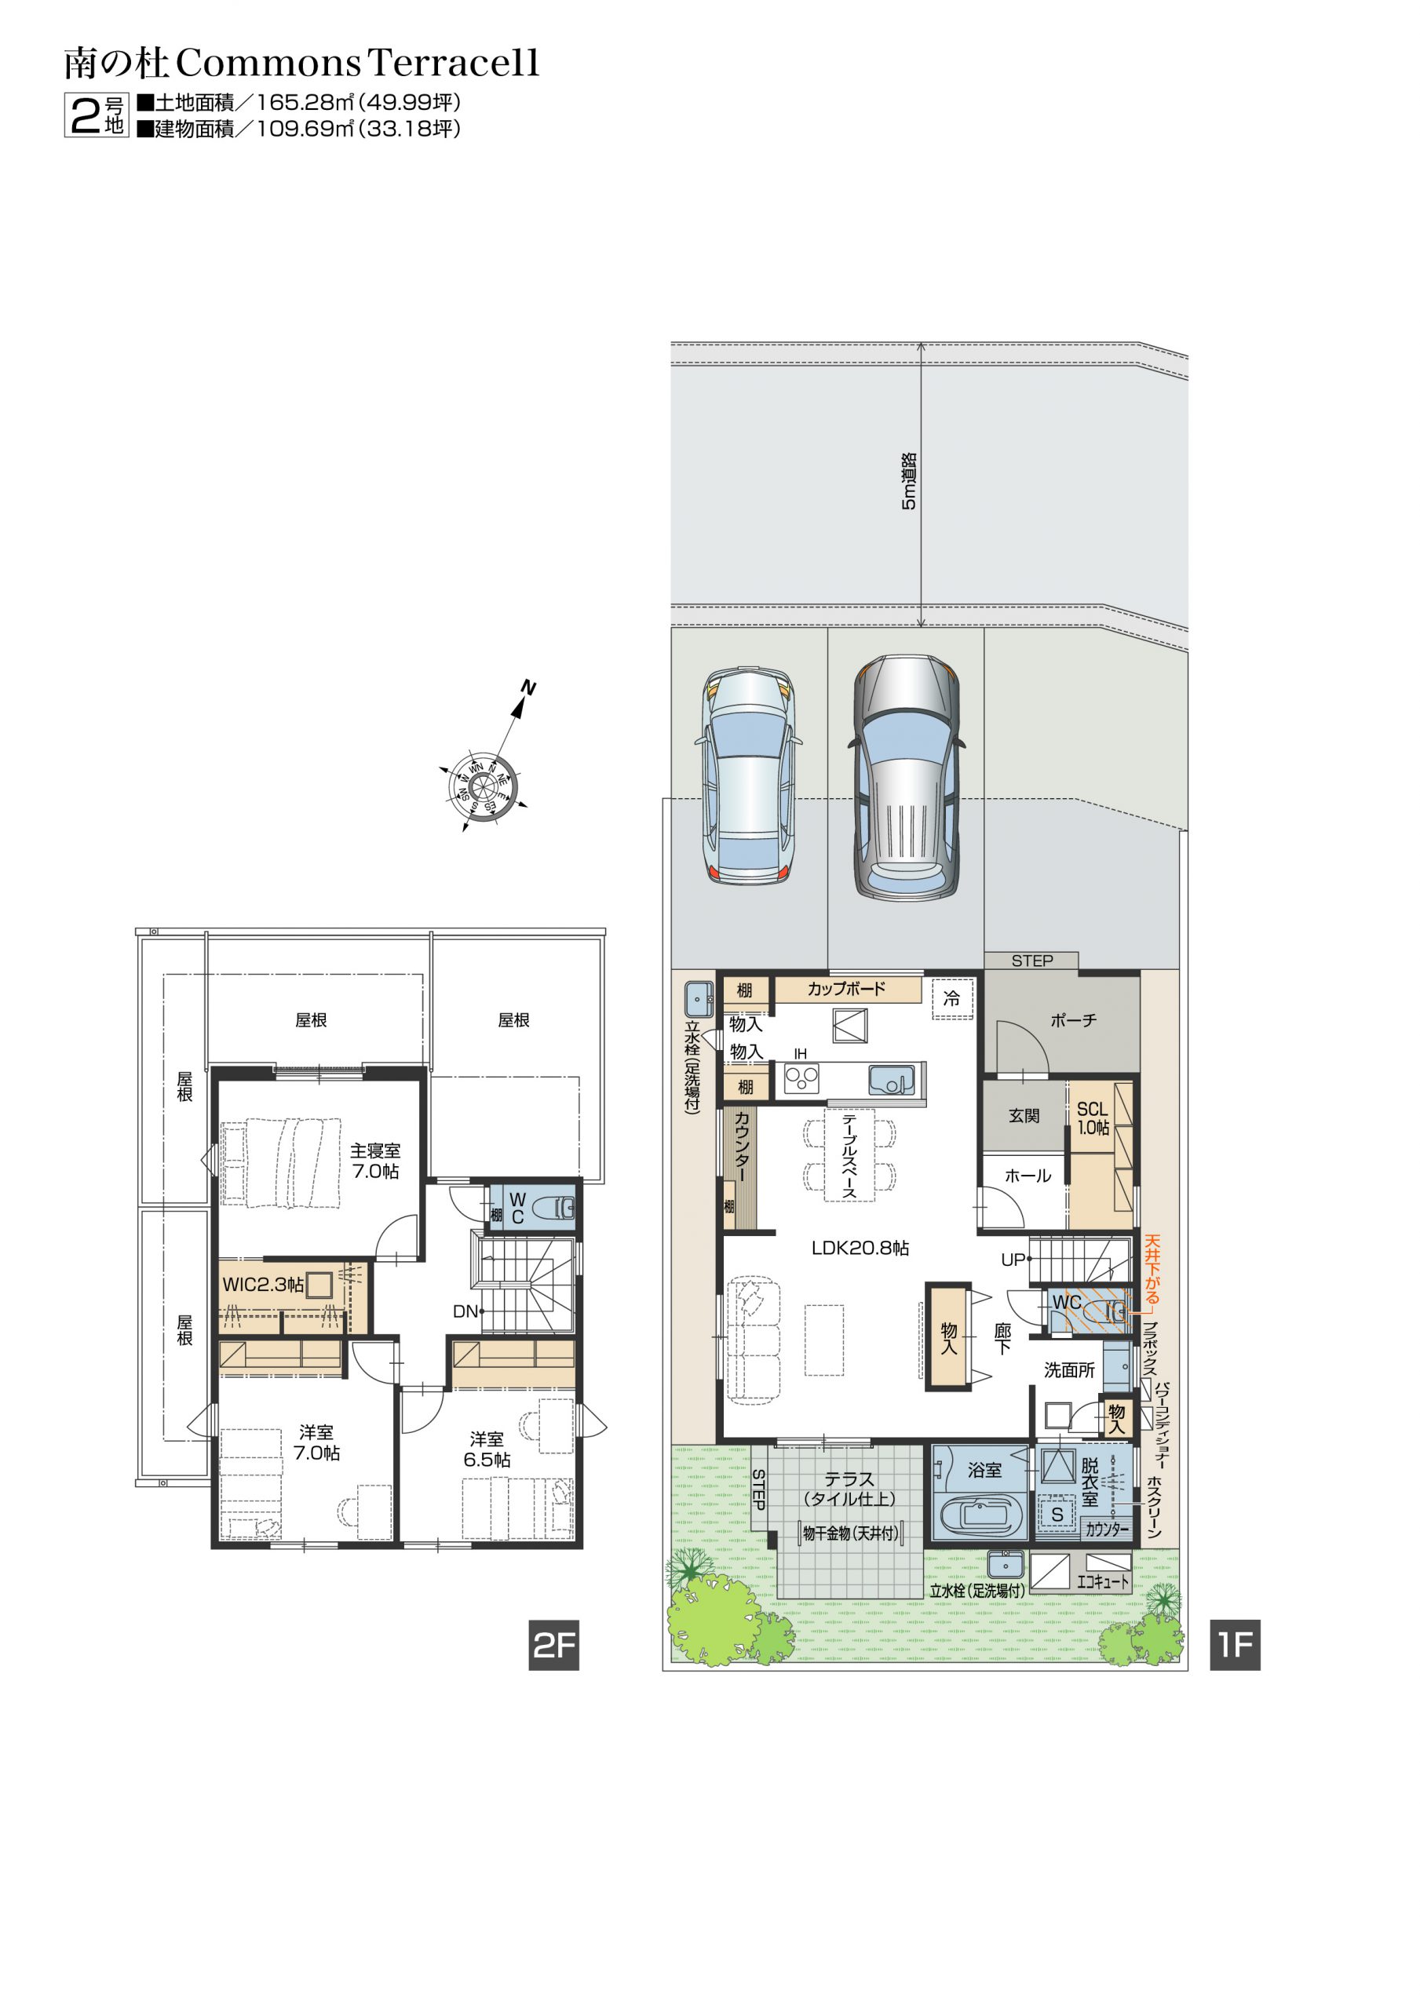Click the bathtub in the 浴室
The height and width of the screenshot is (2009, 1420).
981,1516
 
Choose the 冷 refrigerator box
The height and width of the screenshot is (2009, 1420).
951,998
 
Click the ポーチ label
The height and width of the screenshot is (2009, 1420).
1073,1020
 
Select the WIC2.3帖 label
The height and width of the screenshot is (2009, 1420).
263,1285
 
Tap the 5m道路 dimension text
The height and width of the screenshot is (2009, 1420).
909,481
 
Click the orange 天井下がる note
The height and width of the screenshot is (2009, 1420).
1152,1270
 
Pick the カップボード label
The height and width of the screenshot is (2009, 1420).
845,989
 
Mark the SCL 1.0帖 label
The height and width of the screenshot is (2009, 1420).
1093,1118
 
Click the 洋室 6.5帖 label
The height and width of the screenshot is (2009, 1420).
487,1450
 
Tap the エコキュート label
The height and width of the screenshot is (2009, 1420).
1102,1581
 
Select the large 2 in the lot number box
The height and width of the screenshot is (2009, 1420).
85,115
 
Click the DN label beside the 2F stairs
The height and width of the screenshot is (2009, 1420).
465,1311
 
